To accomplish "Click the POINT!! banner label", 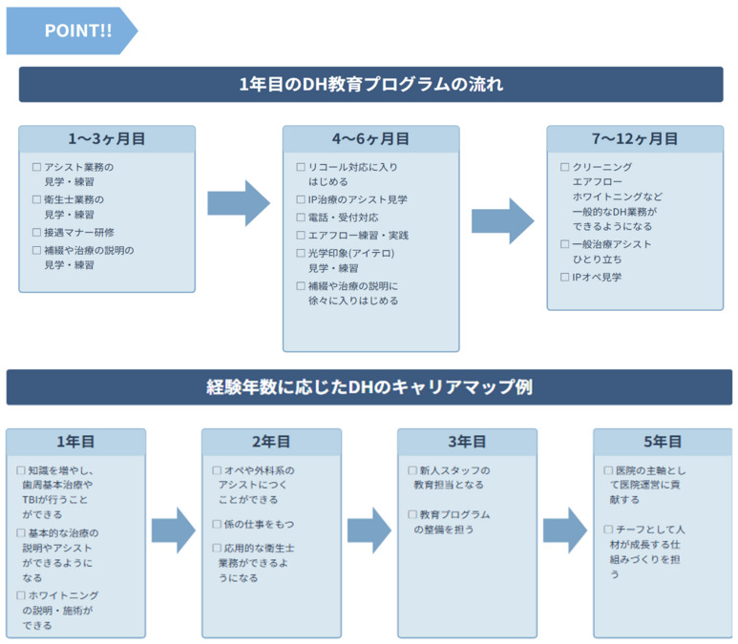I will tap(77, 31).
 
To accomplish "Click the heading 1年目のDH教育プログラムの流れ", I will tap(370, 84).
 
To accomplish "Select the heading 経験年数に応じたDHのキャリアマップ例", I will tap(370, 387).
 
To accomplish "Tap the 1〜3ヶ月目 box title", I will tap(106, 139).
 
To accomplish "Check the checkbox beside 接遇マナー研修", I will tap(36, 233).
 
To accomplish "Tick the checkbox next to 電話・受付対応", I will tap(301, 218).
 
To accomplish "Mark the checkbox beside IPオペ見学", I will tap(564, 278).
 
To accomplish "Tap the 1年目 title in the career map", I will tap(75, 442).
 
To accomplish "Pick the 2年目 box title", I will tap(271, 442).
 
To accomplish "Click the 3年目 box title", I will tap(467, 442).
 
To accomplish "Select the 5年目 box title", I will tap(663, 442).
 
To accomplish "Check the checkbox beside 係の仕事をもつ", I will tap(217, 525).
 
